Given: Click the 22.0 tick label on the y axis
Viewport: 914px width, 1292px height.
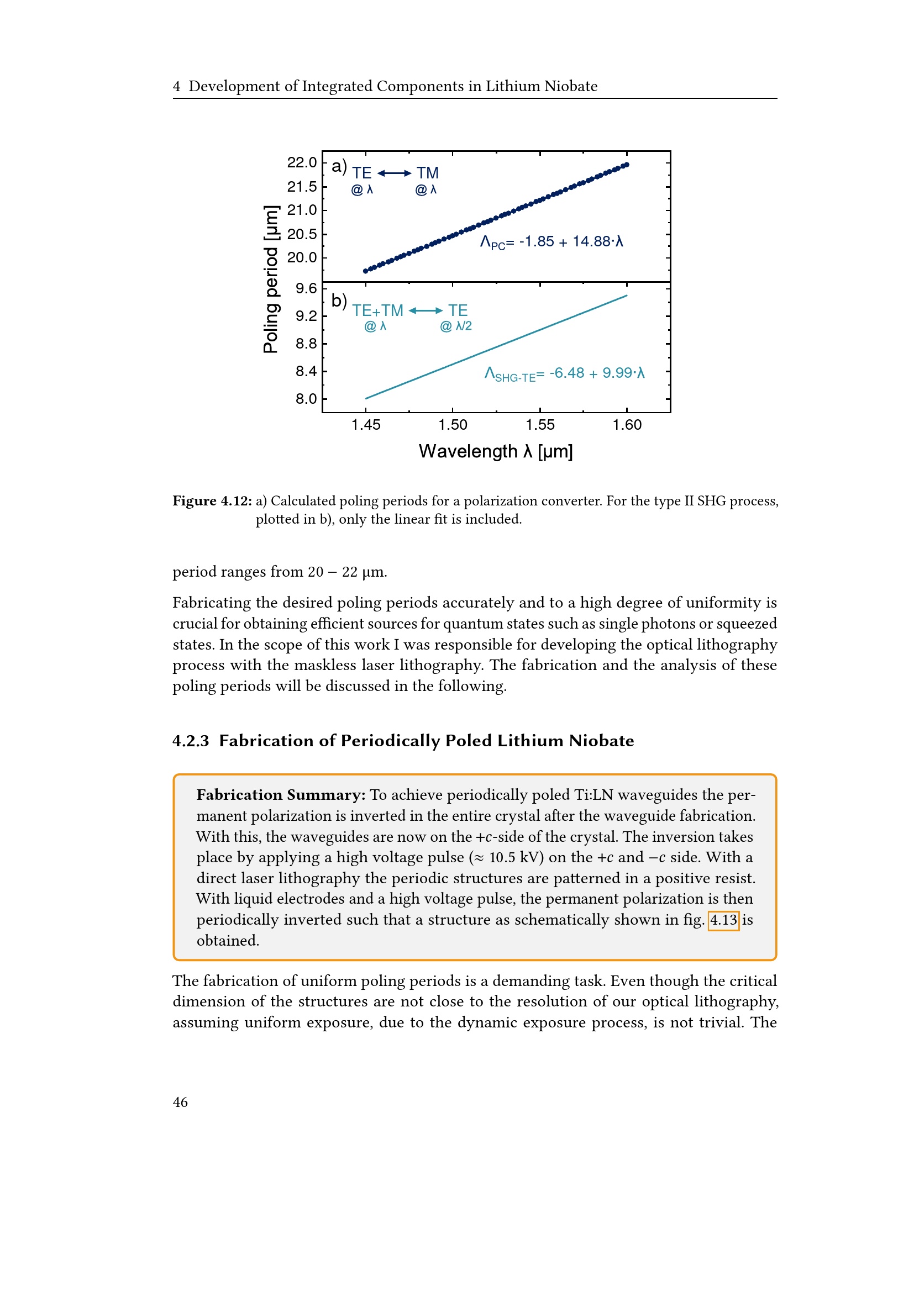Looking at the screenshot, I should click(x=302, y=162).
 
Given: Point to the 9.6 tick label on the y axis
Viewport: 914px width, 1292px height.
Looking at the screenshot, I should click(x=306, y=289).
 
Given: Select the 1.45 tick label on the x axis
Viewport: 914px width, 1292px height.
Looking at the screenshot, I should click(x=366, y=425).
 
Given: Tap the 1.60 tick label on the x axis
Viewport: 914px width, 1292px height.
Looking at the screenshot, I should click(x=627, y=425).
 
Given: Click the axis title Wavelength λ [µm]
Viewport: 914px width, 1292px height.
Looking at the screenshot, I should click(x=495, y=451).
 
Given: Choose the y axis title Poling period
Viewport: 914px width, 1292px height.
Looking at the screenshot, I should click(x=271, y=279).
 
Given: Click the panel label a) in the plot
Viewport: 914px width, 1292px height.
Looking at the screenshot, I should click(x=339, y=166).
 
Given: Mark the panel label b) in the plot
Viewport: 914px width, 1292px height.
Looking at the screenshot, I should click(x=339, y=300).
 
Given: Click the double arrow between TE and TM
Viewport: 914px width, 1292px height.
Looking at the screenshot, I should click(x=394, y=173).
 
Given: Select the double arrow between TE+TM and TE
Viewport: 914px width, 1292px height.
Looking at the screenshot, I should click(x=426, y=310).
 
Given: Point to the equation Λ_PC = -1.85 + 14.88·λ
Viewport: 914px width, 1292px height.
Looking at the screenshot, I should click(x=551, y=242).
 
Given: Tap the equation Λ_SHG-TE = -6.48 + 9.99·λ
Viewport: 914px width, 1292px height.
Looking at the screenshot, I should click(x=565, y=373).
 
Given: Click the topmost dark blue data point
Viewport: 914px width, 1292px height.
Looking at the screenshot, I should click(x=627, y=165).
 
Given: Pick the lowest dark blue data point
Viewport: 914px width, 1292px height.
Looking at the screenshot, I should click(x=365, y=271).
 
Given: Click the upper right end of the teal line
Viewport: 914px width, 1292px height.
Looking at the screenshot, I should click(x=627, y=296).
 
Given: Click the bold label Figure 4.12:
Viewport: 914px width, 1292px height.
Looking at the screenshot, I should click(x=212, y=501).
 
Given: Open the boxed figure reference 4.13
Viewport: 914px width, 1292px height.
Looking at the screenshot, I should click(x=723, y=920).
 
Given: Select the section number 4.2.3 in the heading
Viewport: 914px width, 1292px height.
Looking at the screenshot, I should click(x=191, y=741).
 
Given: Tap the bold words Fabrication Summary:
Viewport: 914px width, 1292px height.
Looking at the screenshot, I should click(x=281, y=794).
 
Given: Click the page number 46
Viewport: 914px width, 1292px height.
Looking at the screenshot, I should click(x=180, y=1102).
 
